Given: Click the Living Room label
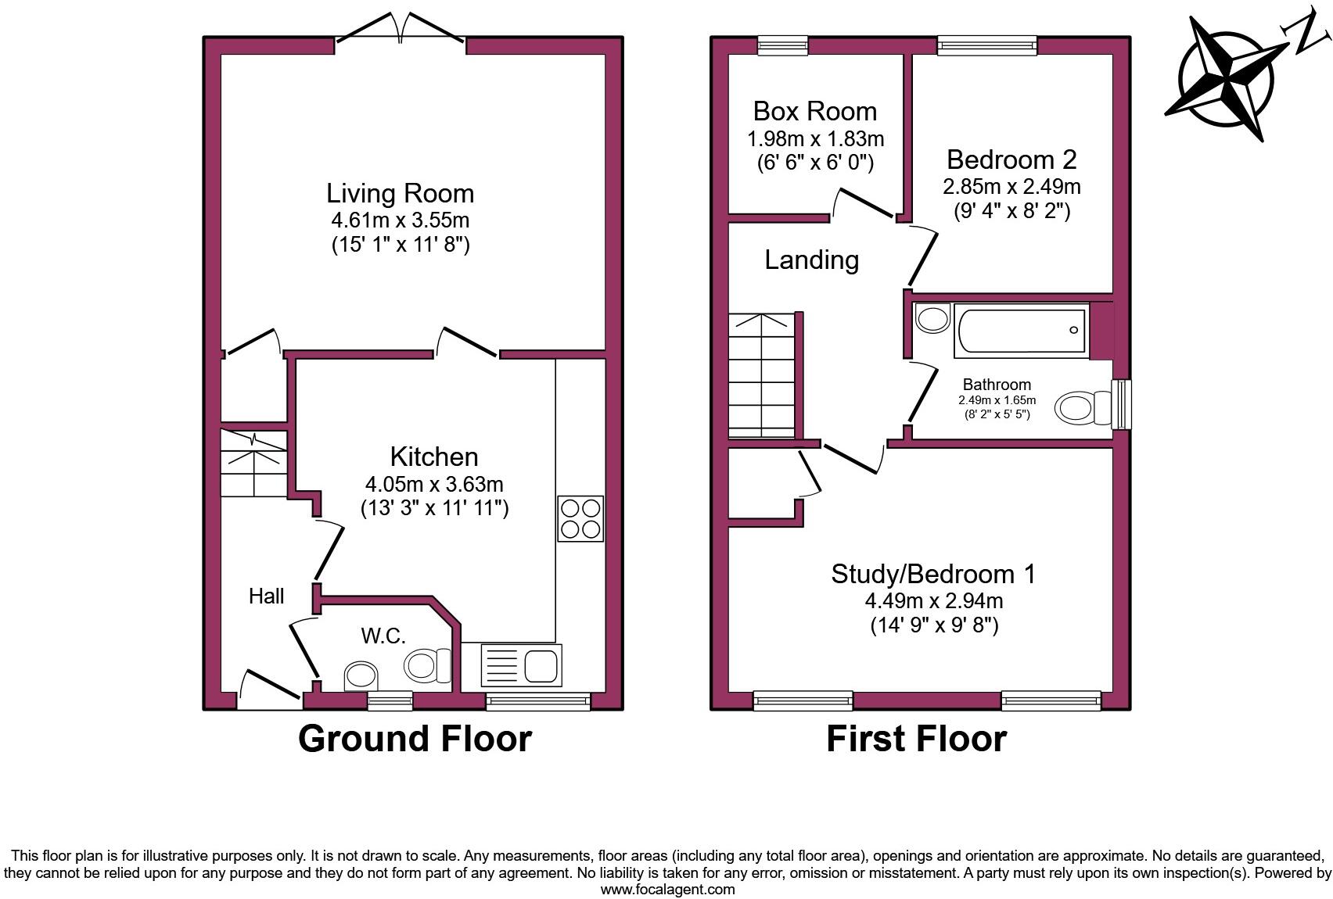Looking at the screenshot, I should pos(400,193).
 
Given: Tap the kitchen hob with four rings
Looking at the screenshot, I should pos(580,518).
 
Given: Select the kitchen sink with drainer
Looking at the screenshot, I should pos(522,666).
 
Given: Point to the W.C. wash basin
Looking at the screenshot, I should pos(361,676).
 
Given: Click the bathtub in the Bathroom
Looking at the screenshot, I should pos(1020,331).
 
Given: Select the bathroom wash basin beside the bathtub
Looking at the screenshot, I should pos(932,319).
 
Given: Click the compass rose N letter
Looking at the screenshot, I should pos(1307,34).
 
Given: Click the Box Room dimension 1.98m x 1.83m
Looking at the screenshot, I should pos(815,139).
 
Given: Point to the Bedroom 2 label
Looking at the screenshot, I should pos(1011,159).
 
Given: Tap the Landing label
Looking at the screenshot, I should pos(811,260).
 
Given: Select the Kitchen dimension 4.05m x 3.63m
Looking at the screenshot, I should pos(434,484).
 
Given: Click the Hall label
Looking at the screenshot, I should pos(266,596).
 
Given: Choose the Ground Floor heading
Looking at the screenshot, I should pos(415,739).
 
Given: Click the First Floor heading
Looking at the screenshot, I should pos(916,739).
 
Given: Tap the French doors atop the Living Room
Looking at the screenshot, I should pos(401,30).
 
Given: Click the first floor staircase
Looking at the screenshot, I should pos(761,375).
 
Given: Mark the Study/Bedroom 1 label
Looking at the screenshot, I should pos(932,574).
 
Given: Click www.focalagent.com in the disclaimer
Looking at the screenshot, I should pos(667,890).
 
